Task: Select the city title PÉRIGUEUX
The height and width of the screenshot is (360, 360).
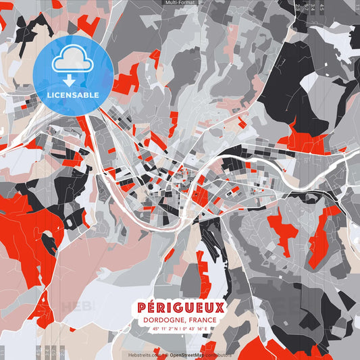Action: tap(180, 308)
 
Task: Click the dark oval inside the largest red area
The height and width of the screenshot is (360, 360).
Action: tap(48, 240)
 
